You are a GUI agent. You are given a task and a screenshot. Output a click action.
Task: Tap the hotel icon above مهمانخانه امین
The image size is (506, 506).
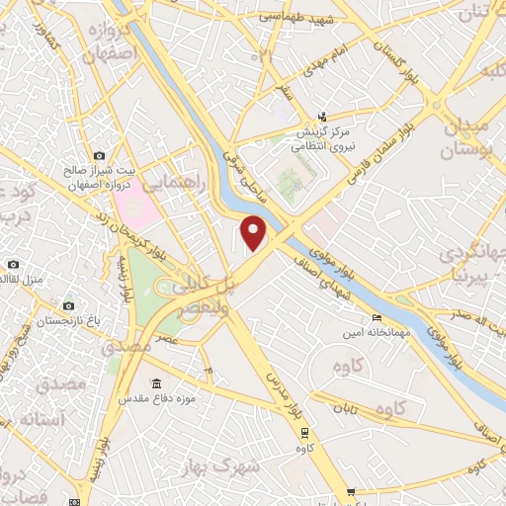click(376, 318)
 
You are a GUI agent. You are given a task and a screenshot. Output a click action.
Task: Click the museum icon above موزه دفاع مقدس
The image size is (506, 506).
click(156, 383)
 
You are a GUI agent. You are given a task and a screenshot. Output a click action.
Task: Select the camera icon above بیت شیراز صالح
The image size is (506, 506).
click(99, 156)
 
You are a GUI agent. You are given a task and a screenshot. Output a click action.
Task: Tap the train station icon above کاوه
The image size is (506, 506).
click(304, 431)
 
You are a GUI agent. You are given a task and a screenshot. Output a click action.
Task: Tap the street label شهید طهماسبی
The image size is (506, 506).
click(292, 17)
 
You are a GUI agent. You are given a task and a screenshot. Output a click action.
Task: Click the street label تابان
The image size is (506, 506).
click(344, 407)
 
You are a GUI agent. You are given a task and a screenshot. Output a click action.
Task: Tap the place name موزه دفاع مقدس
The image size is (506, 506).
click(156, 399)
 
